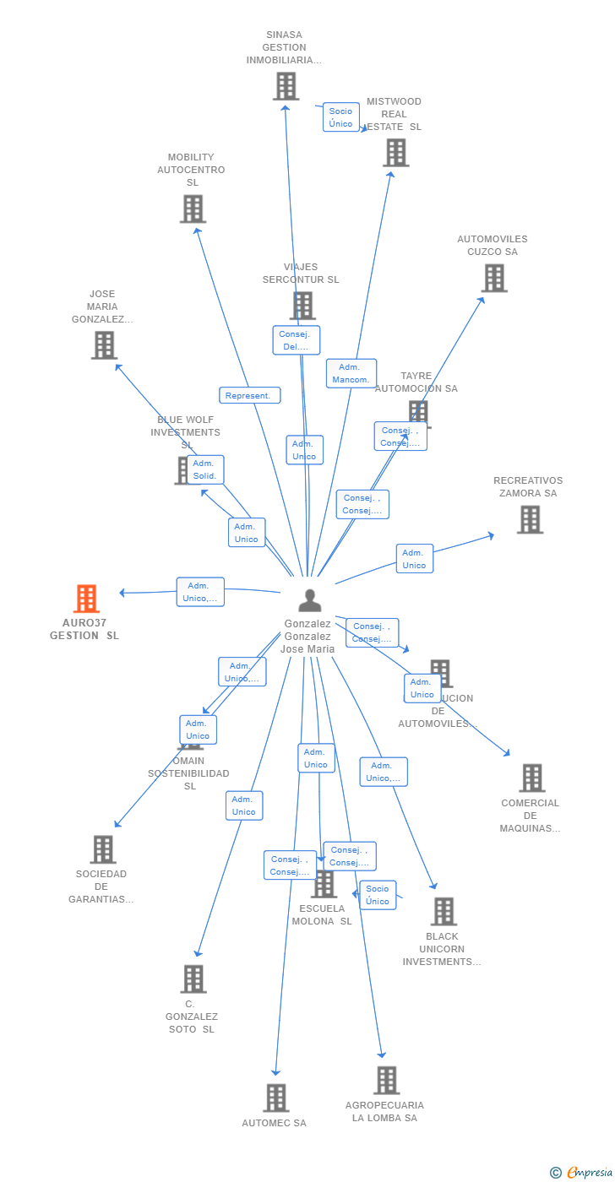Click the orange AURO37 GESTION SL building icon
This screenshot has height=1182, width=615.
click(x=86, y=599)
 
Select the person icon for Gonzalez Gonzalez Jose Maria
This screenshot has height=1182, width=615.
click(x=310, y=600)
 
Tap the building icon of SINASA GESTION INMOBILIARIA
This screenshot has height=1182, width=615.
click(x=286, y=86)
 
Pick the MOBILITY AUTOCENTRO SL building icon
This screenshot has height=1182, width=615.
click(x=193, y=209)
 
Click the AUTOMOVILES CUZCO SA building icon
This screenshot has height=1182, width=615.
click(x=494, y=278)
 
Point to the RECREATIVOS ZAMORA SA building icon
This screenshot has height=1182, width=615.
click(x=530, y=519)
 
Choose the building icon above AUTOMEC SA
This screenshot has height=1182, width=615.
click(x=276, y=1098)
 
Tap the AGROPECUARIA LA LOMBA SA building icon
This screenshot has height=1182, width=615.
click(x=386, y=1080)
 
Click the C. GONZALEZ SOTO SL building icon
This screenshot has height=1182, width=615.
click(x=193, y=979)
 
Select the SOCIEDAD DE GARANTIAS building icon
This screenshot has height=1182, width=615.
click(x=102, y=849)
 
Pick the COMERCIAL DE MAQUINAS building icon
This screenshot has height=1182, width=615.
click(x=531, y=778)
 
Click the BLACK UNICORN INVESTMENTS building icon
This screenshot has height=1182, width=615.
click(x=444, y=911)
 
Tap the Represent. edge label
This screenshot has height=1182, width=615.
click(x=249, y=395)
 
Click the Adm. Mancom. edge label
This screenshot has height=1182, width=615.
click(x=351, y=373)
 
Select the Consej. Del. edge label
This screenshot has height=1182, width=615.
click(x=296, y=340)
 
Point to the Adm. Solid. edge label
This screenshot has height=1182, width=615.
click(x=205, y=469)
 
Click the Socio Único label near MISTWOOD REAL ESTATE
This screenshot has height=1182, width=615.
click(x=340, y=117)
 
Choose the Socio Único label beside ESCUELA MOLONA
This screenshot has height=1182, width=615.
click(x=378, y=895)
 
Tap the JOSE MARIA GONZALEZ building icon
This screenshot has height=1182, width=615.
click(x=104, y=345)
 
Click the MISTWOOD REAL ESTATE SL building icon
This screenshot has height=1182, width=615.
click(x=396, y=153)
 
